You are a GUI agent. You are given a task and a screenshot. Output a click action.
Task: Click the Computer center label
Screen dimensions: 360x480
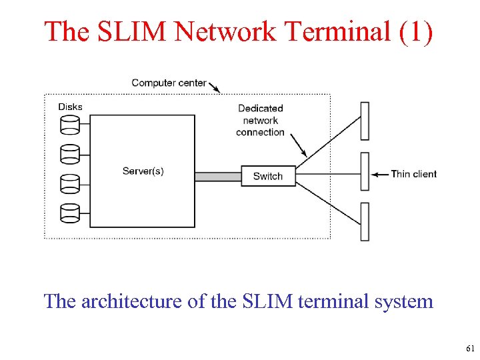click(x=169, y=83)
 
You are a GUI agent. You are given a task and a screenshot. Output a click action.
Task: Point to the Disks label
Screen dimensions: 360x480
click(x=70, y=107)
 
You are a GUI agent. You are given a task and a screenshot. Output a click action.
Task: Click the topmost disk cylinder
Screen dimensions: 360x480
click(x=69, y=124)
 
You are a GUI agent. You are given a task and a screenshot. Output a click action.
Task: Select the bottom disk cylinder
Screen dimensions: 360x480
click(x=69, y=213)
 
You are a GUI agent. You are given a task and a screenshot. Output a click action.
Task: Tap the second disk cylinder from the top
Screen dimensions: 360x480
click(x=69, y=154)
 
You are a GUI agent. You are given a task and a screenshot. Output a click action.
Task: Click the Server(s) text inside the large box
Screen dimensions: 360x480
click(x=143, y=171)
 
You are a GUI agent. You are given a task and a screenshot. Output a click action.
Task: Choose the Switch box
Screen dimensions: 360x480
click(x=268, y=176)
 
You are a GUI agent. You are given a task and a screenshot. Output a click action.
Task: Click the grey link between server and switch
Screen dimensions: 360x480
click(x=218, y=177)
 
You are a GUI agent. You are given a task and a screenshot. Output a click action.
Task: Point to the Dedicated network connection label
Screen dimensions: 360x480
click(x=260, y=120)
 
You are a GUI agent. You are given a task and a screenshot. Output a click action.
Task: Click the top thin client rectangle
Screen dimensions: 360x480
click(x=365, y=121)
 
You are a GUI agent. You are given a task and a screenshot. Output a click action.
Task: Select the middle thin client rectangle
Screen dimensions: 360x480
click(x=365, y=171)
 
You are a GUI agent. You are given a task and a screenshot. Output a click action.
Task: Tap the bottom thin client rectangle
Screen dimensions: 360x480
click(x=365, y=222)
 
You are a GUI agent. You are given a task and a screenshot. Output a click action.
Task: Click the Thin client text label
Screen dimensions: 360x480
click(x=413, y=174)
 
